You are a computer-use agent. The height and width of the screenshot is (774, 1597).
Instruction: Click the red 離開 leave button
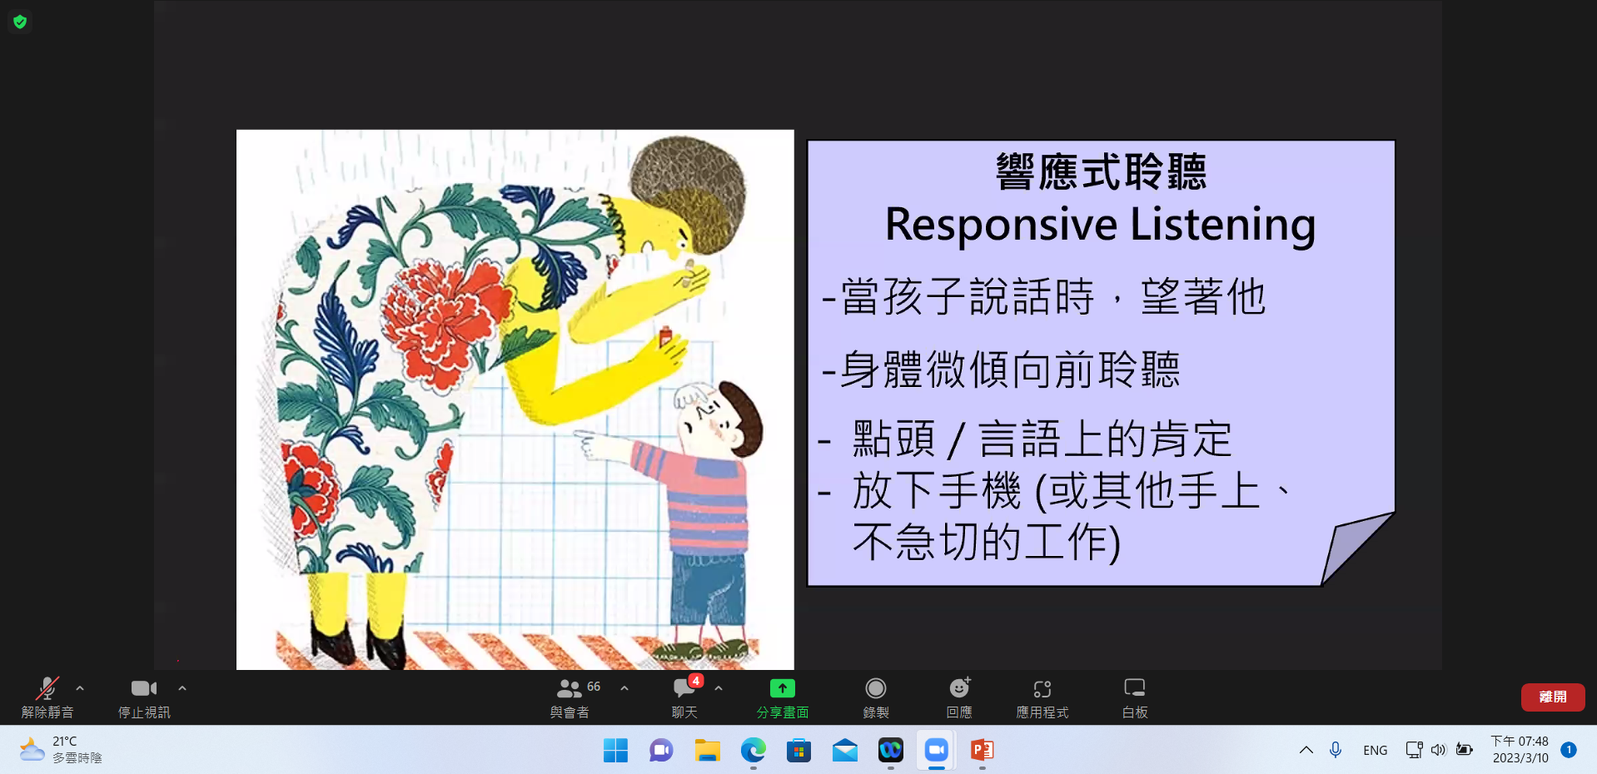click(1552, 697)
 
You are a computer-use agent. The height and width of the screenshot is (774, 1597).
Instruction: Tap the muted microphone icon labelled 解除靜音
click(47, 688)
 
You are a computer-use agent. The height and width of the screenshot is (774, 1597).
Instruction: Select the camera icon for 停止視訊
click(144, 688)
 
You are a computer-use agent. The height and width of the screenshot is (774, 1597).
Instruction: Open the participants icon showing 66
click(570, 688)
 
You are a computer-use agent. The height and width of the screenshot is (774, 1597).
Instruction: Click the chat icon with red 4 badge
click(685, 687)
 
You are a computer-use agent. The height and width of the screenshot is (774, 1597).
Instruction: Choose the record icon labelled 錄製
click(875, 688)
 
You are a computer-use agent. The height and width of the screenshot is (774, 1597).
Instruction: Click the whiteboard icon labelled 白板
click(1135, 688)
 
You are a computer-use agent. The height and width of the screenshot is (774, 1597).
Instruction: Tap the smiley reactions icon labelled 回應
click(960, 687)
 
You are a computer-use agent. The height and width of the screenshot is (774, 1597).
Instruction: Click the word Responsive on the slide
click(1001, 225)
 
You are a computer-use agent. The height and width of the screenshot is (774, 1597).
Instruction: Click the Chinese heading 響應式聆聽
click(1101, 171)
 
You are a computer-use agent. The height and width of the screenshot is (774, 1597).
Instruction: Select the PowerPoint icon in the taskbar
click(983, 750)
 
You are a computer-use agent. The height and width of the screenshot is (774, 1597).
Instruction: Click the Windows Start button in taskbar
click(615, 750)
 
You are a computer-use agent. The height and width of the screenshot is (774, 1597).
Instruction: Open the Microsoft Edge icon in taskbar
click(754, 750)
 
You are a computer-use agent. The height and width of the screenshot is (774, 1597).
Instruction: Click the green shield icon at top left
click(20, 22)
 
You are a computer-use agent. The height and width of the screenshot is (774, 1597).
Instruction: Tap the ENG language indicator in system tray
click(1376, 750)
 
